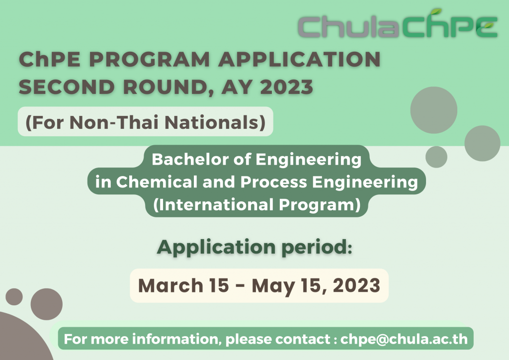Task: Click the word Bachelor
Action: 186,160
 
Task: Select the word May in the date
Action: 270,285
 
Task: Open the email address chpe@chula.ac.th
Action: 404,340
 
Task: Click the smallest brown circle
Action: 14,297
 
